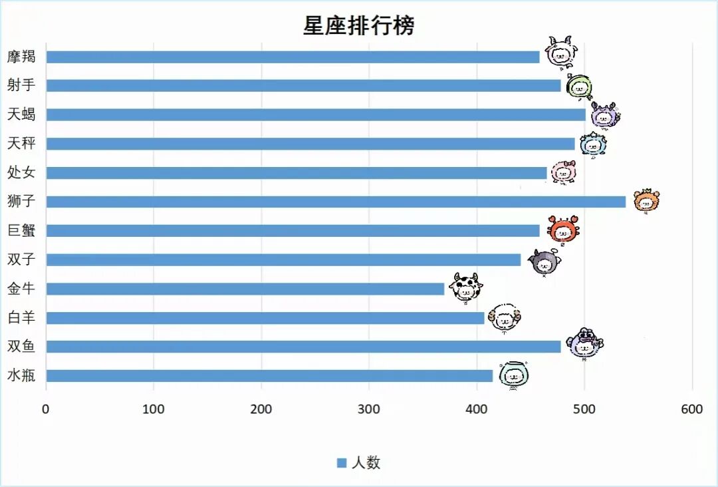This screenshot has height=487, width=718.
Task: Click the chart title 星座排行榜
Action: [359, 25]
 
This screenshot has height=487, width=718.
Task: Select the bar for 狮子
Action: [336, 202]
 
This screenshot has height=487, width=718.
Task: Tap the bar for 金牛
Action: [245, 289]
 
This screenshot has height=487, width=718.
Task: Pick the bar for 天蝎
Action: [316, 114]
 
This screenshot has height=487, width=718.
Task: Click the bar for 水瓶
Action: [269, 376]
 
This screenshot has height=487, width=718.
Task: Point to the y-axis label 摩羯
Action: [21, 57]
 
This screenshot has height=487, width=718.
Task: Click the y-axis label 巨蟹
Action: [21, 231]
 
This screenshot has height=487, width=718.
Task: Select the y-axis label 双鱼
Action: [21, 347]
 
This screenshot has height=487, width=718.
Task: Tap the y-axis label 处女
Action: [21, 173]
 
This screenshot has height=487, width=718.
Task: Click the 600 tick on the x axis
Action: [692, 409]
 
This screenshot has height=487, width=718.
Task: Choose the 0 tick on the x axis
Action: [46, 409]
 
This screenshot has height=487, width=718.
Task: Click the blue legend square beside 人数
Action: [342, 463]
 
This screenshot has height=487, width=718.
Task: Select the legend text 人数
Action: [366, 463]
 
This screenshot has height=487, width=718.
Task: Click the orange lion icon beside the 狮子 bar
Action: [646, 200]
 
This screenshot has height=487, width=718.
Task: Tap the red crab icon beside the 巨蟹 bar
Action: [563, 229]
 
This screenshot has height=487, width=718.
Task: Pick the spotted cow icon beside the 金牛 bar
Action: [465, 287]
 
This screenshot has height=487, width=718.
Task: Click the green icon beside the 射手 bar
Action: [579, 86]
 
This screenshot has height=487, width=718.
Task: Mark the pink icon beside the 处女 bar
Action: [563, 172]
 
